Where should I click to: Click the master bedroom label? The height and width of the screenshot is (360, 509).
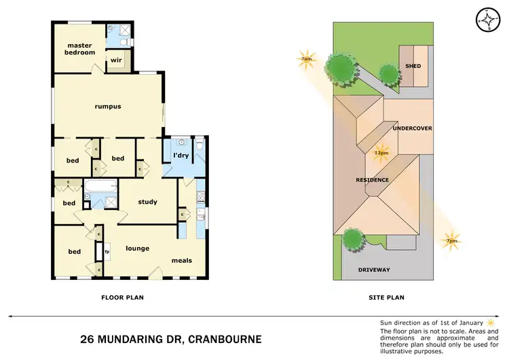(79, 49)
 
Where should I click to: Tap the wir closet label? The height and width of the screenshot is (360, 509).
(116, 60)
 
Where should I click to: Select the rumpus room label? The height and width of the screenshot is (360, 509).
(107, 106)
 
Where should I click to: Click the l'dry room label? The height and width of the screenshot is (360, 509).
(181, 156)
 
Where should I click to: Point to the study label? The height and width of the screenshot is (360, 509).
(147, 202)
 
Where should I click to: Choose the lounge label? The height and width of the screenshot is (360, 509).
(137, 248)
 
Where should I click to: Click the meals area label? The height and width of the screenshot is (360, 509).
(181, 260)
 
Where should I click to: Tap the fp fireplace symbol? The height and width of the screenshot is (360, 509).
(107, 252)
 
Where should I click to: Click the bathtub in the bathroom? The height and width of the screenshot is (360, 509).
(100, 185)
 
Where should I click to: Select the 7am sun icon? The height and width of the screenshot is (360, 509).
(307, 58)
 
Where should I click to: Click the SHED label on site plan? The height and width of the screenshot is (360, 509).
(413, 66)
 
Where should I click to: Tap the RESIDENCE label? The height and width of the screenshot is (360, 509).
(373, 180)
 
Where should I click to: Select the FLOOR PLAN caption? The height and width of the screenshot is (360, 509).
(122, 297)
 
